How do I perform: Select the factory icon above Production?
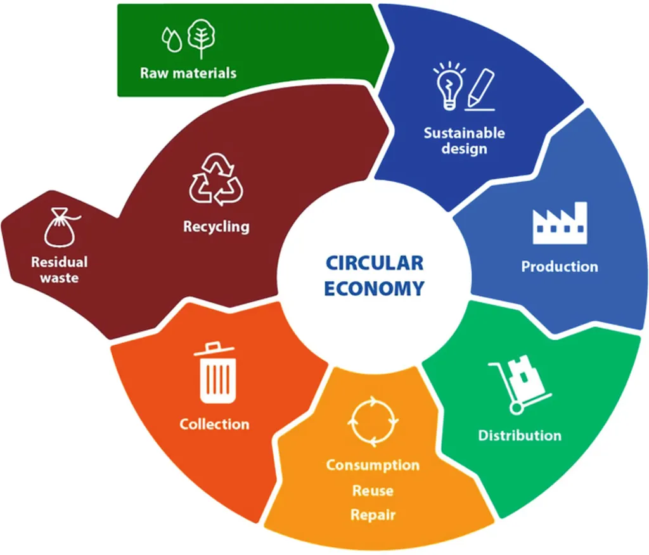(x=560, y=223)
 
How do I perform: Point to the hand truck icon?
(x=520, y=385)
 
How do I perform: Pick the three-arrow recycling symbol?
(x=216, y=180)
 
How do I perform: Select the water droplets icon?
(x=172, y=40)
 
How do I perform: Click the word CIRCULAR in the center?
(x=375, y=263)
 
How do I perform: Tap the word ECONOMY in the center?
(x=374, y=288)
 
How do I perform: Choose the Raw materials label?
(x=188, y=73)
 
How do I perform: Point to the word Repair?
(x=373, y=515)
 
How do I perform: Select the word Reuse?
(x=373, y=491)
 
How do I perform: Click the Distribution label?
(x=520, y=435)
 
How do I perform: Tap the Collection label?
(x=214, y=424)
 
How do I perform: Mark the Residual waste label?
(x=60, y=270)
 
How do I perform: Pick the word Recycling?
(x=217, y=227)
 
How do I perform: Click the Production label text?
(x=560, y=267)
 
